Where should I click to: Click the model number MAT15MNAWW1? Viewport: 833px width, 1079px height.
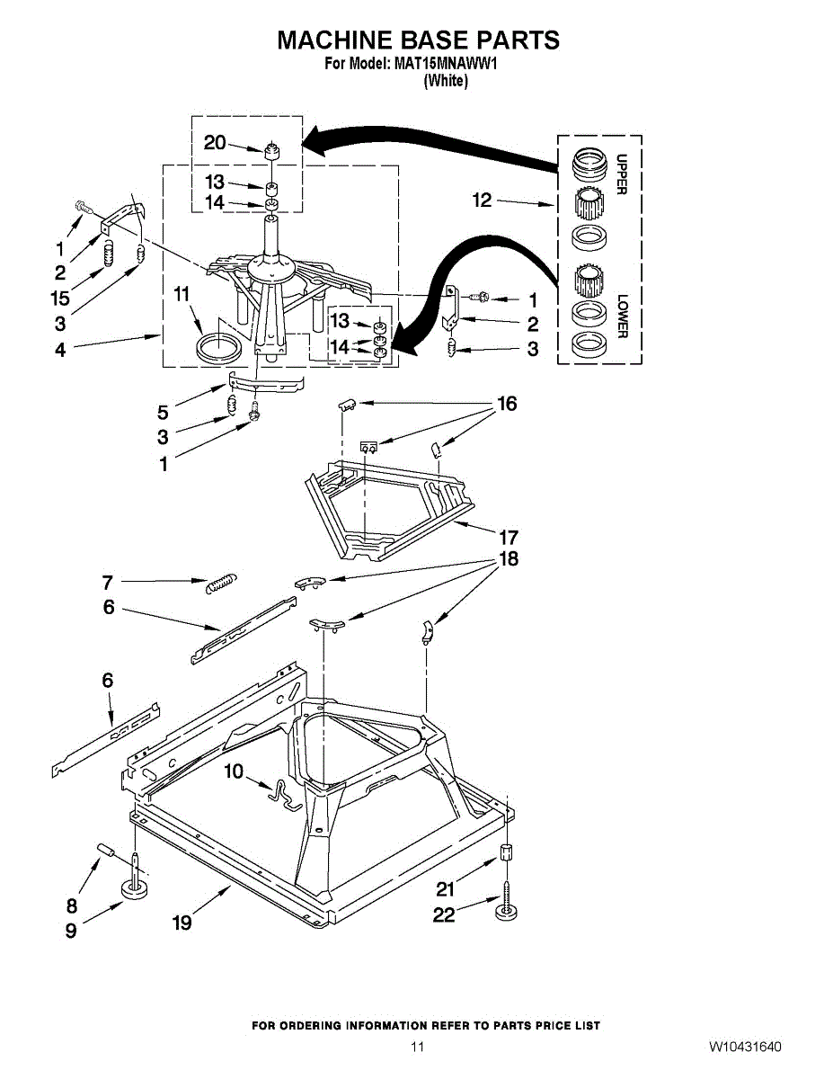pos(446,64)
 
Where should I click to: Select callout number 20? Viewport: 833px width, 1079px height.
pos(215,143)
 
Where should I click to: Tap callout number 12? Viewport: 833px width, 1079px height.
pos(483,200)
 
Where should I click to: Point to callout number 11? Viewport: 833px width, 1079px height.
pos(182,294)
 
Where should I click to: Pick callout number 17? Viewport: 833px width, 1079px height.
pos(509,538)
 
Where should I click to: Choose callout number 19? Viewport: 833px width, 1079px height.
pos(182,923)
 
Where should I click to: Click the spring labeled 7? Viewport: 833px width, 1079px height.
pos(220,583)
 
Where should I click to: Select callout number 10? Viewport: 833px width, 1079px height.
pos(234,771)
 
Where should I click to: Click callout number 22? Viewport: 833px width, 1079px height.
pos(444,914)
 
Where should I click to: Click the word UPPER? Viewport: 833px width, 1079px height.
pos(620,174)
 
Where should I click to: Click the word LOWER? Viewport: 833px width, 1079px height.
pos(620,316)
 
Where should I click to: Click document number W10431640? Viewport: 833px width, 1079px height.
pos(745,1048)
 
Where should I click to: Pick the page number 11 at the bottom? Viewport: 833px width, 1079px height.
pos(417,1047)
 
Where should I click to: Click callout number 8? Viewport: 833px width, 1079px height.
pos(72,905)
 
